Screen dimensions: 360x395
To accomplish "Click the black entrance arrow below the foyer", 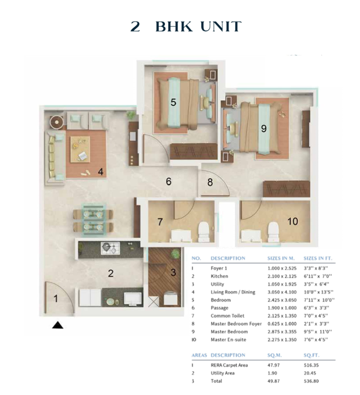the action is pos(58,325).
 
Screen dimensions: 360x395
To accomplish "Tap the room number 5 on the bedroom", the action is pos(173,102).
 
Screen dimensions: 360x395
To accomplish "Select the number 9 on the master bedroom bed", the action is pos(264,129).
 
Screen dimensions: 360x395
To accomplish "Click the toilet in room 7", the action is pos(204,232).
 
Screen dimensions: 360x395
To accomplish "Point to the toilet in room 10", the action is pos(273,232).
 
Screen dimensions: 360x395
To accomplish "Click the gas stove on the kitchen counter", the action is pos(110,248).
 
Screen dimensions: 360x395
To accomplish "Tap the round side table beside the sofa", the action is pos(57,122).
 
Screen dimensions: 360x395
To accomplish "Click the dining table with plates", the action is pos(93,220).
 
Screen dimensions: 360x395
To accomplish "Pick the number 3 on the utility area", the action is pos(173,272).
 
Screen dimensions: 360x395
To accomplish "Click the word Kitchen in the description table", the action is pos(220,276).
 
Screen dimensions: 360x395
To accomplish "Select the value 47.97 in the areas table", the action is pos(273,365).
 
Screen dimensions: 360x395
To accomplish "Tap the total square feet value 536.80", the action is pos(311,381).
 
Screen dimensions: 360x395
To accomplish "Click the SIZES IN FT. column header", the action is pos(318,258).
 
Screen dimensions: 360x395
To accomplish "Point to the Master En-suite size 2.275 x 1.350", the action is pos(282,340).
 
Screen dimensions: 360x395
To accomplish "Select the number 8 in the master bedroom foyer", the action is pos(210,182).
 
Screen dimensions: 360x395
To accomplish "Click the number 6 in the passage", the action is pos(169,181).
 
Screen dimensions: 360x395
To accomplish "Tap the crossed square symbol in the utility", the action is pos(154,302).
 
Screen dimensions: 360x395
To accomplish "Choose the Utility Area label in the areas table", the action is pos(222,373).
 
